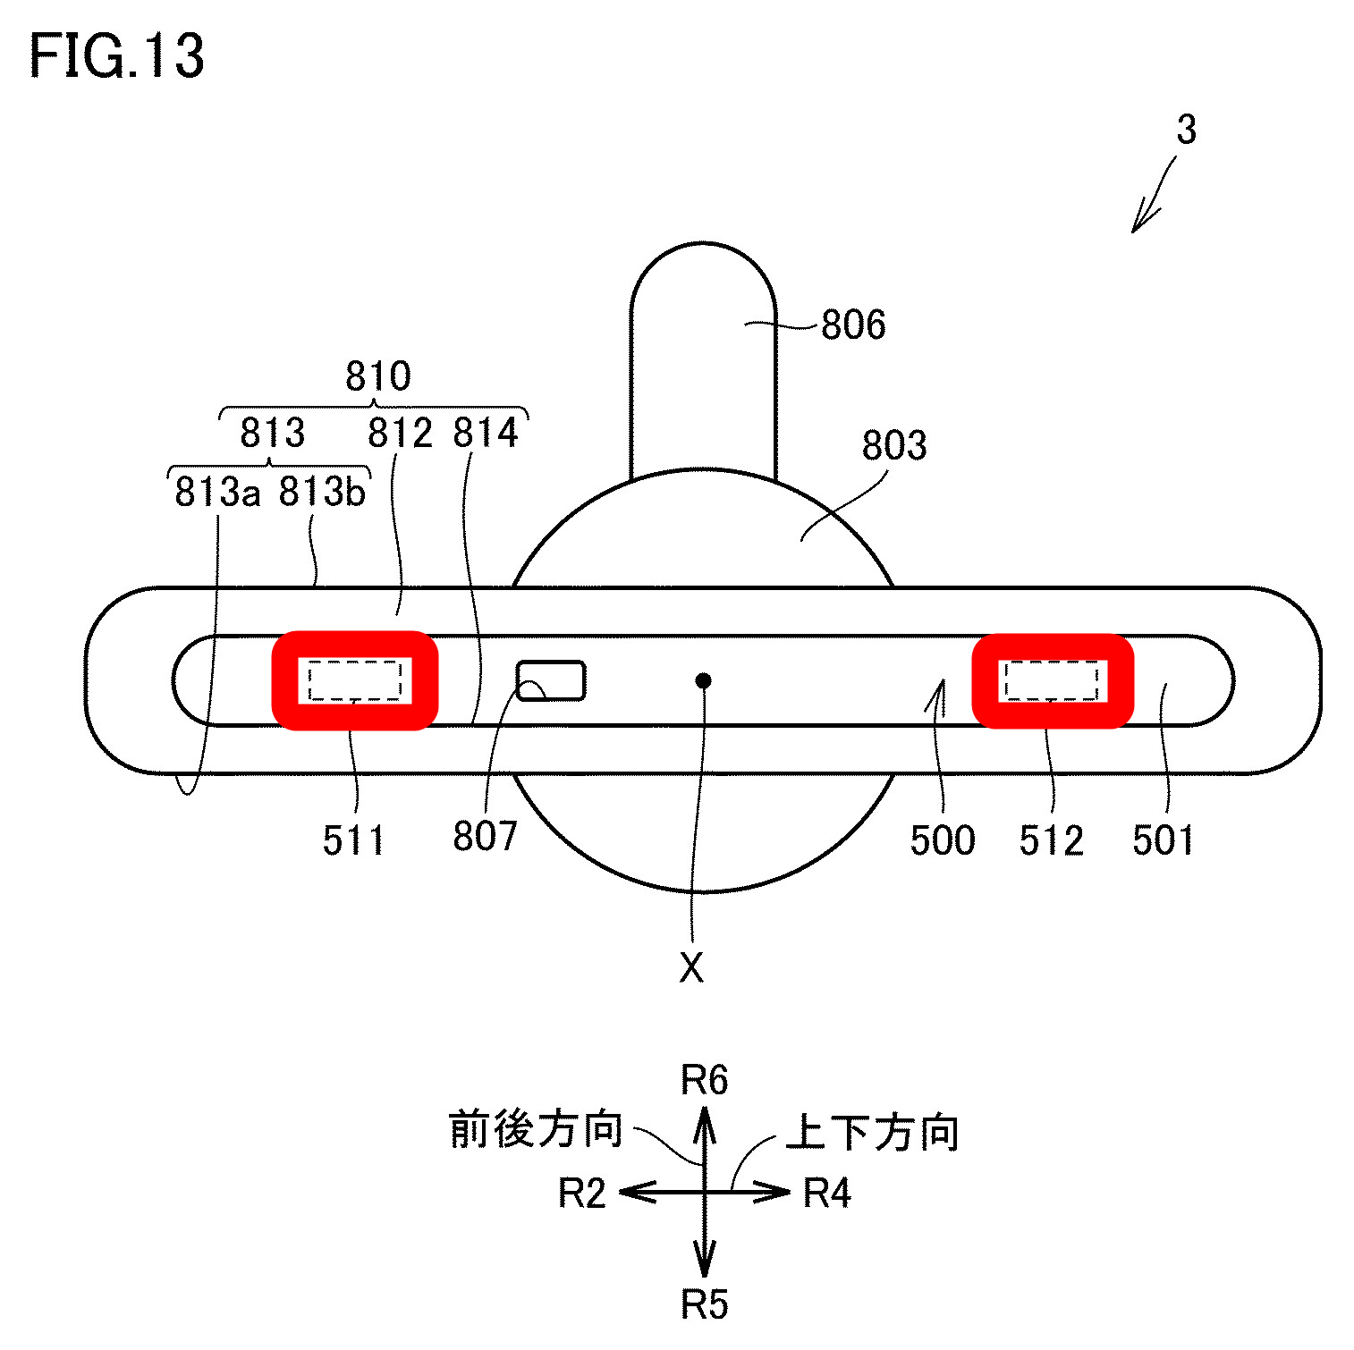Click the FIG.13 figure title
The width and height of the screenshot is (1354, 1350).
coord(117,55)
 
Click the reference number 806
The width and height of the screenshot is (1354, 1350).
coord(853,325)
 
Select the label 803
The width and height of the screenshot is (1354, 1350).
coord(894,445)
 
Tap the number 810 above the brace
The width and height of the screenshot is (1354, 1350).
coord(378,376)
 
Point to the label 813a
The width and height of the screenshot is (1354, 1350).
coord(217,492)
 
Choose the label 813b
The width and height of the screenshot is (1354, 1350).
coord(322,492)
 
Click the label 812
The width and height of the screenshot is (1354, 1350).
coord(400,434)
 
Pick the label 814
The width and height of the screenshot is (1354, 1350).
coord(486,434)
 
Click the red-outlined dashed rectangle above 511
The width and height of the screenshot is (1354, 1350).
coord(355,680)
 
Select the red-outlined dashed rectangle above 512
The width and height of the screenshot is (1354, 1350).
coord(1053,680)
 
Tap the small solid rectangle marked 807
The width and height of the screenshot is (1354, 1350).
coord(551,680)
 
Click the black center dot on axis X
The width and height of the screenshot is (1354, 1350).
coord(704,681)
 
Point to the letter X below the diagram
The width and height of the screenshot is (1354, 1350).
coord(691,967)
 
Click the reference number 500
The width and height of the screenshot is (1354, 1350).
coord(943,840)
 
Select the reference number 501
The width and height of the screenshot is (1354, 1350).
coord(1163,840)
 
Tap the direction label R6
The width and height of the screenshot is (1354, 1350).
coord(705,1080)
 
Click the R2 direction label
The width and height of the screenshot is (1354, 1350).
coord(582,1194)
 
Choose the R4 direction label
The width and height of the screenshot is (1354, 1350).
coord(827,1194)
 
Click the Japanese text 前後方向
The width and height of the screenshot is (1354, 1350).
coord(535,1130)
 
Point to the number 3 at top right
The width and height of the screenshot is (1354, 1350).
coord(1186,131)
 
